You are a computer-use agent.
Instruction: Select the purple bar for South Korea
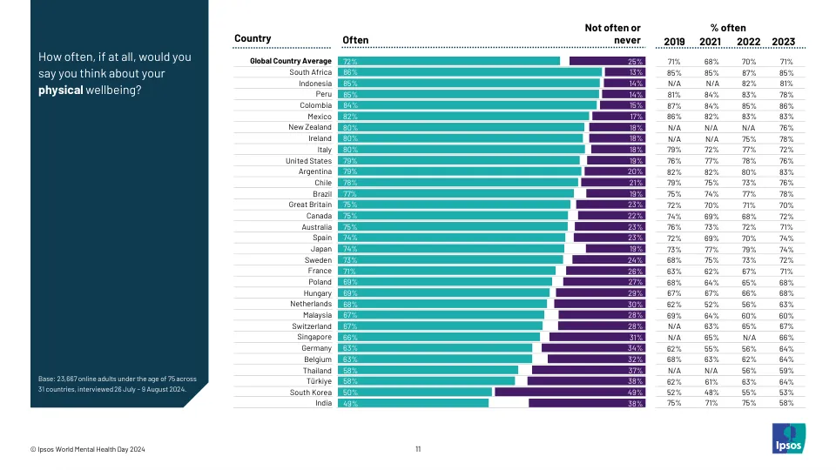570,393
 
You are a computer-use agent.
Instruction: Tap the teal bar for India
415,404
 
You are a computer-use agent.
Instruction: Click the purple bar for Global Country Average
607,62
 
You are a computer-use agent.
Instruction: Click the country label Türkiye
316,381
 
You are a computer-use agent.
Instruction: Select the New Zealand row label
310,127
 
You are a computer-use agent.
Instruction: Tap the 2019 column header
674,41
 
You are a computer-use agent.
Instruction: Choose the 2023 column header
782,41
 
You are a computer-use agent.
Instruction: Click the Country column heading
253,39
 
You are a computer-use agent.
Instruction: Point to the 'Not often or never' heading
613,34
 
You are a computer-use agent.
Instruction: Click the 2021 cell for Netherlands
711,304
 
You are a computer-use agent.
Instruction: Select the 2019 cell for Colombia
674,105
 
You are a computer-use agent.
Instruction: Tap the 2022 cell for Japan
748,249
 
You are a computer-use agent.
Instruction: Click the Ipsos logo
789,438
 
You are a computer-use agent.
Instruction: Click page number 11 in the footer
418,449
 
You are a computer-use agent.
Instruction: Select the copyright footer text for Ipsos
87,449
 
